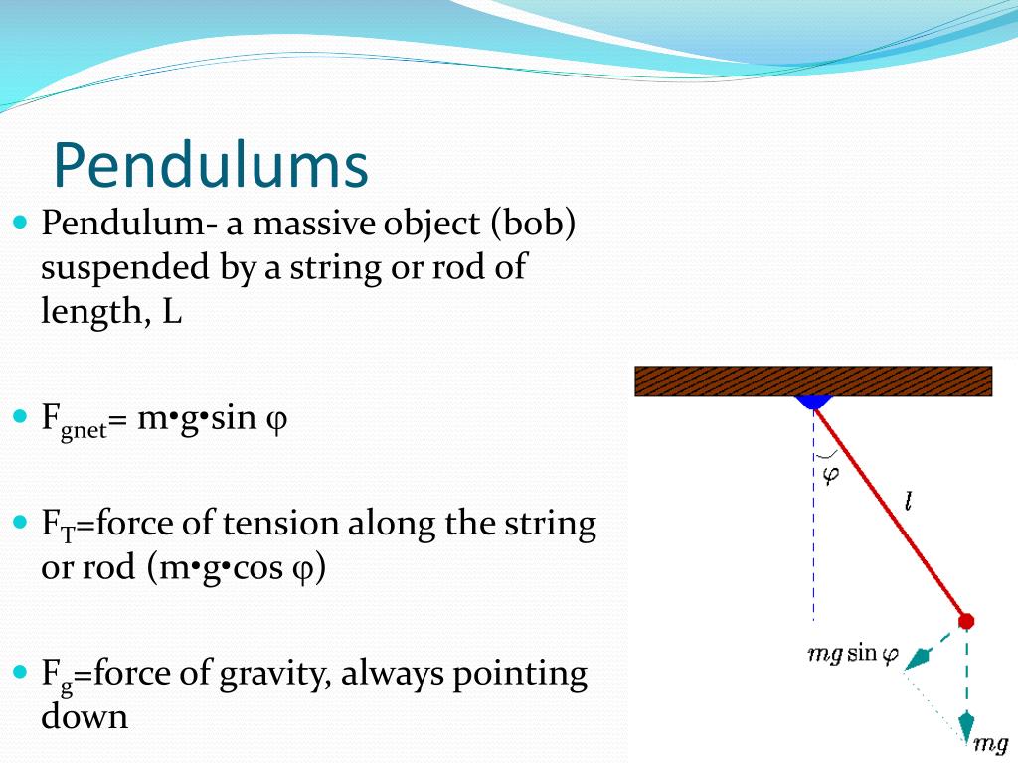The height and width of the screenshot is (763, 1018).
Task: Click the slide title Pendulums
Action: [210, 166]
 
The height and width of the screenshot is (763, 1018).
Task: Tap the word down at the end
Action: [85, 716]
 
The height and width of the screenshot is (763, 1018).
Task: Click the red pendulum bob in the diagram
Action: [965, 621]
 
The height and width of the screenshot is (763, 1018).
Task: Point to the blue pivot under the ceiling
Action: [813, 401]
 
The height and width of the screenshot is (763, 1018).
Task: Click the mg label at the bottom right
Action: [990, 743]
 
